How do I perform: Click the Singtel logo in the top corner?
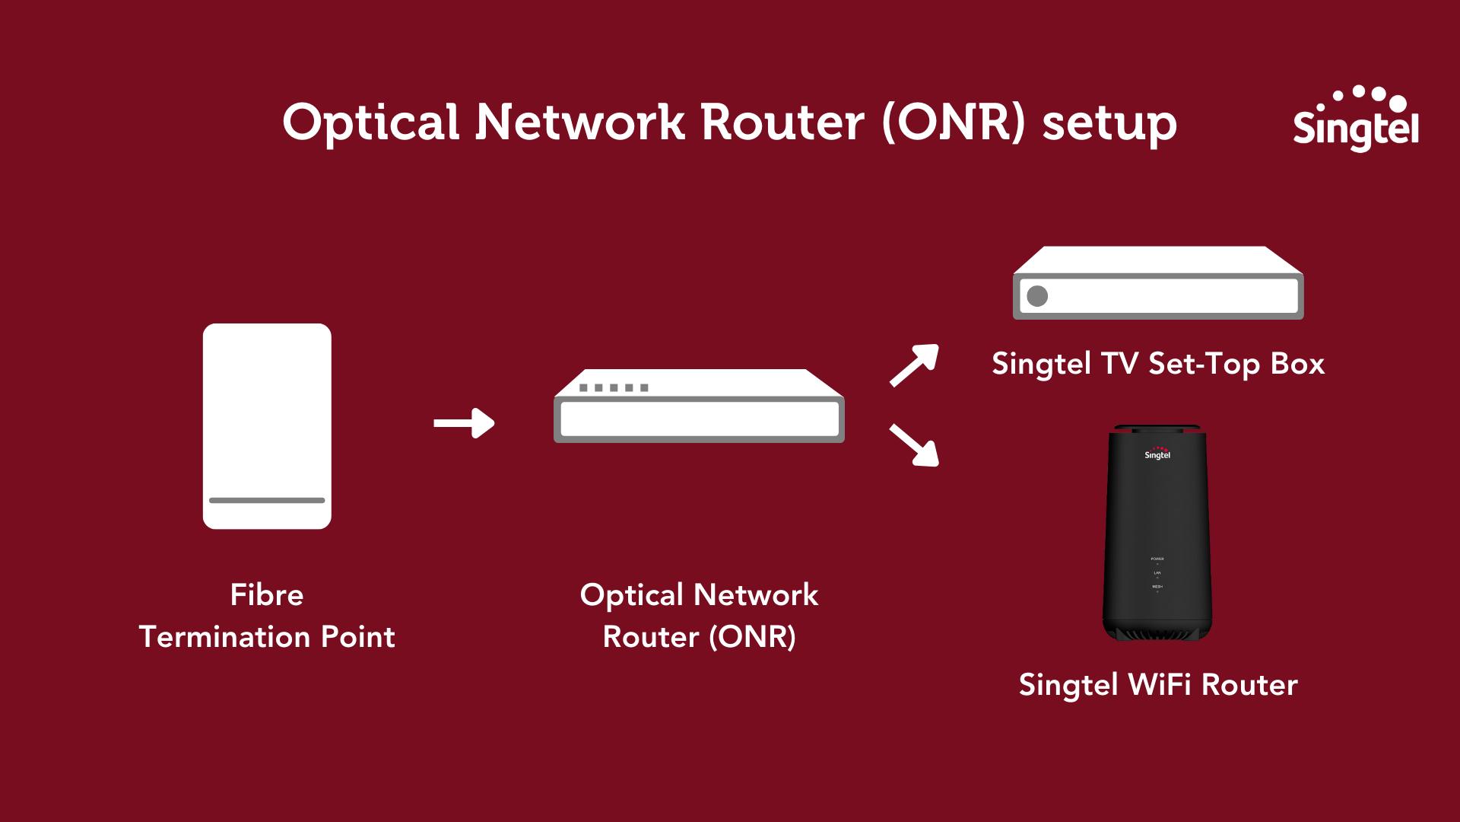[x=1355, y=120]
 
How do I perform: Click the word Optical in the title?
[x=371, y=123]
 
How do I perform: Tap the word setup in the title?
[x=1109, y=123]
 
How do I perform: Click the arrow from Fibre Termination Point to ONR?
[x=464, y=423]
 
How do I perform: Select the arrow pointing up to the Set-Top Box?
[x=915, y=365]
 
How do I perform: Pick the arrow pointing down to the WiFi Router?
[x=915, y=445]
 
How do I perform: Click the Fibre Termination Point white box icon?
[x=267, y=411]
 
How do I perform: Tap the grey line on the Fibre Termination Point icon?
[x=267, y=500]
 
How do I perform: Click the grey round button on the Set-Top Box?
[x=1037, y=296]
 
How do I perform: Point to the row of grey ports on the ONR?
[x=614, y=388]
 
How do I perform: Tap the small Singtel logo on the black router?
[x=1157, y=454]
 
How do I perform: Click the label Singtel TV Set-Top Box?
[x=1158, y=364]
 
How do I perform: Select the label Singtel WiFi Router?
[x=1158, y=685]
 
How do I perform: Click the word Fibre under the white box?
[x=267, y=594]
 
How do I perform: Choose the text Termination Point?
[x=267, y=636]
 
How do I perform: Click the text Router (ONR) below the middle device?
[x=699, y=636]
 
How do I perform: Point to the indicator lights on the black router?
[x=1157, y=575]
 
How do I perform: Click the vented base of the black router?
[x=1157, y=632]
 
